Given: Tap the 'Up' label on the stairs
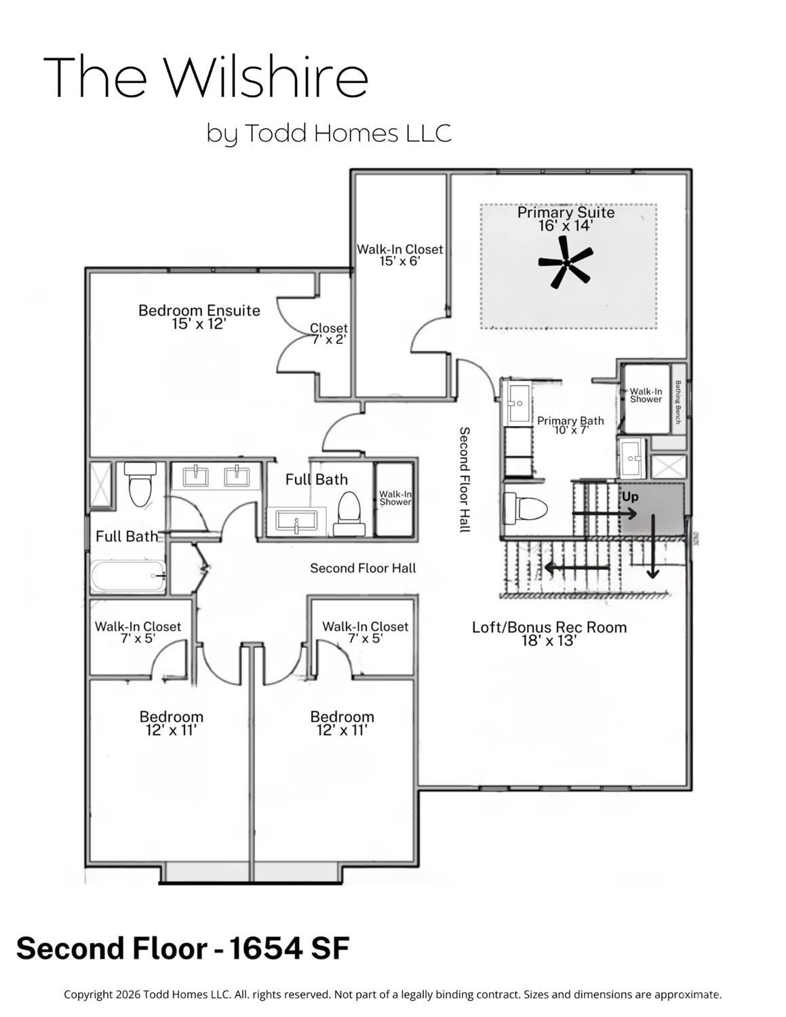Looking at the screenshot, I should click(x=630, y=497).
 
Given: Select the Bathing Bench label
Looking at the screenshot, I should click(x=677, y=402).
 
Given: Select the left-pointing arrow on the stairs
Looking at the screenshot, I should click(x=576, y=567).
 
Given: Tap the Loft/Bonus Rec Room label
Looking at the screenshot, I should click(x=549, y=628).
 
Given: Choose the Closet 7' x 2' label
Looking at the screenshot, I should click(x=329, y=334).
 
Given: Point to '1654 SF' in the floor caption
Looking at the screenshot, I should click(x=290, y=948).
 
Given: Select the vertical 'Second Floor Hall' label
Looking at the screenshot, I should click(x=465, y=479).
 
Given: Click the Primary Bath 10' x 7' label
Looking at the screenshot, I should click(x=570, y=425).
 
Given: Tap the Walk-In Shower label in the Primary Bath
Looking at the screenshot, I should click(x=646, y=396).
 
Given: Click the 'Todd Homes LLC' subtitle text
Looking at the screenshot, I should click(x=347, y=133).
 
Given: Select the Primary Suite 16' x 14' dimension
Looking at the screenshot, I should click(x=566, y=226).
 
